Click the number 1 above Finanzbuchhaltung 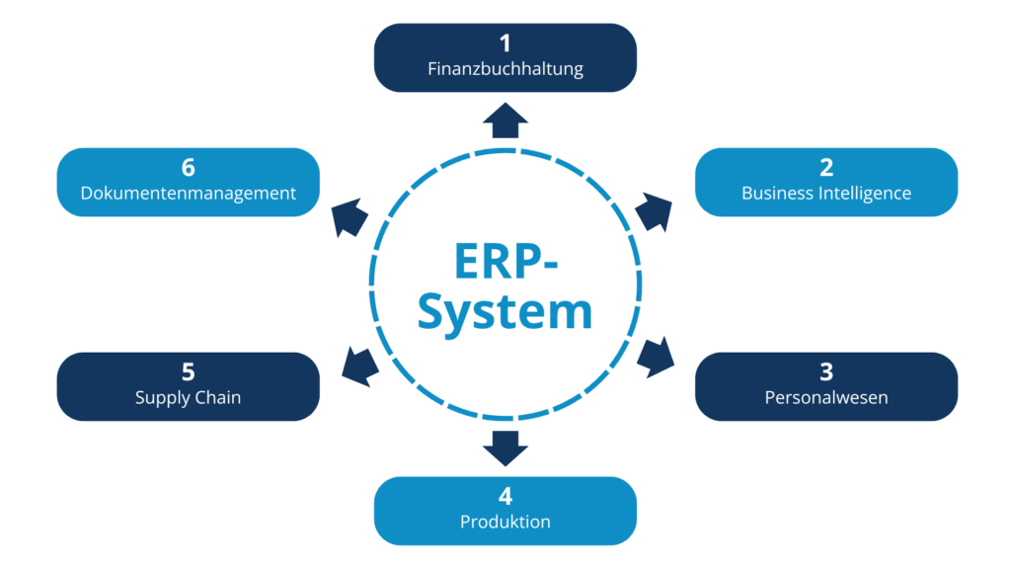click(505, 43)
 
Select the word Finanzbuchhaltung click(505, 69)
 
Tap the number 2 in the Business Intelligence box click(826, 167)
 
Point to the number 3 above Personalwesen click(826, 372)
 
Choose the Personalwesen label click(826, 398)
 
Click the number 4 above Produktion click(505, 496)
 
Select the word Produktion click(505, 522)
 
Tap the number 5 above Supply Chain click(188, 372)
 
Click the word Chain click(217, 398)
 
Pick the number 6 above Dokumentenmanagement click(188, 167)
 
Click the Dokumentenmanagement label click(188, 193)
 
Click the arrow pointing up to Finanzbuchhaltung click(505, 120)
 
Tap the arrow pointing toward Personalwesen click(656, 358)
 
